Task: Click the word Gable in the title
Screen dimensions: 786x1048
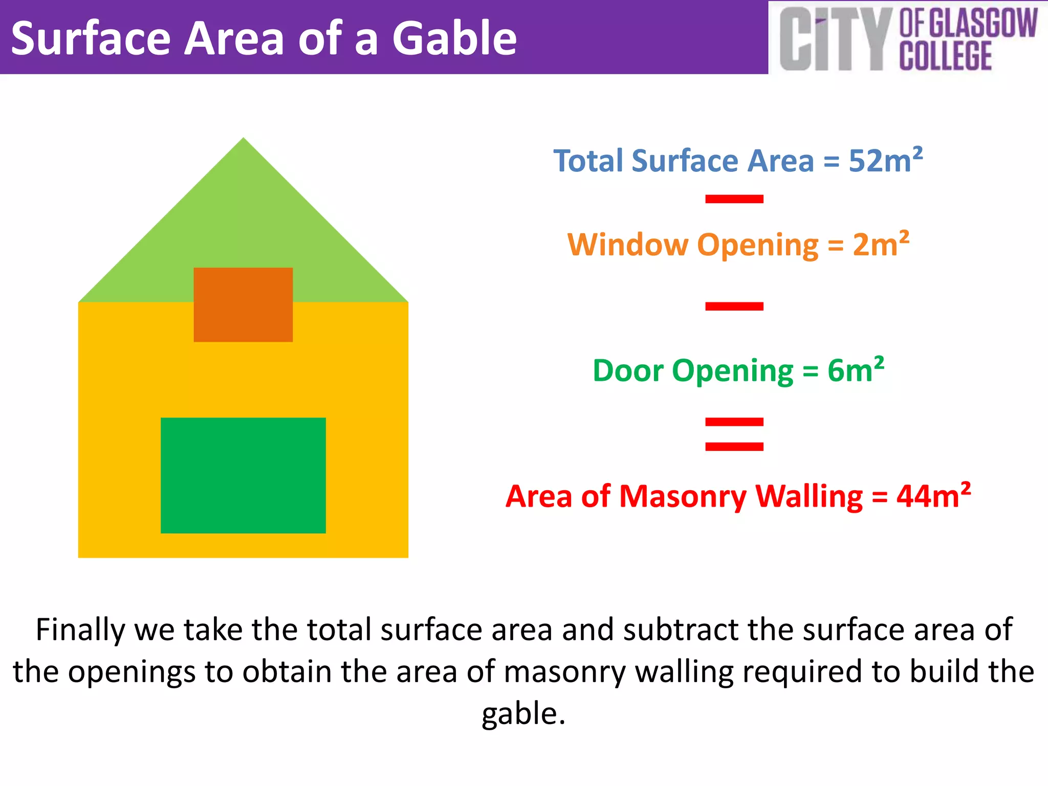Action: click(x=454, y=39)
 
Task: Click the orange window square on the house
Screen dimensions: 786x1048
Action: click(x=243, y=304)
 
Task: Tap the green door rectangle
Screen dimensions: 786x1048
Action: click(x=243, y=475)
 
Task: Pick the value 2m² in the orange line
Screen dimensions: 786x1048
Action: click(x=881, y=244)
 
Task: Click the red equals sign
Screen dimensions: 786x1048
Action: click(x=734, y=434)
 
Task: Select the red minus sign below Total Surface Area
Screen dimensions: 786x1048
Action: click(x=734, y=199)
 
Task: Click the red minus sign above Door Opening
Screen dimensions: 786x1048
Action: click(x=734, y=307)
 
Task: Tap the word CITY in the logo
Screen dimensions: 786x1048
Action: click(x=833, y=40)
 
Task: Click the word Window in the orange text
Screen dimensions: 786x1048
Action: click(x=628, y=245)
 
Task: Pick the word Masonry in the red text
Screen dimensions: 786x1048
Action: click(x=684, y=496)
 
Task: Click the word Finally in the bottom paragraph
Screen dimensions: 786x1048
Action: click(x=80, y=629)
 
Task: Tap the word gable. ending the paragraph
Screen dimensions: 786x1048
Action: click(x=523, y=714)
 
